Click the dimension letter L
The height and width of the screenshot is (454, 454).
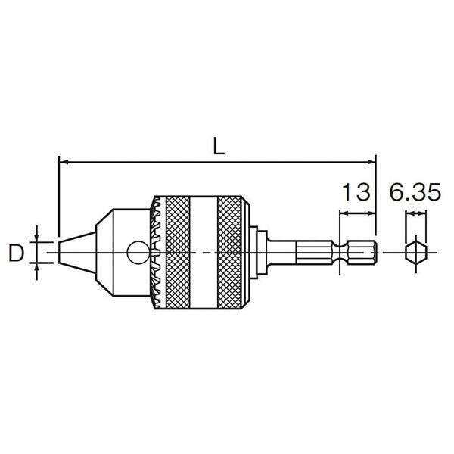pos(219,146)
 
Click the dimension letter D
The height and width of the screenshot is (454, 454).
pos(16,253)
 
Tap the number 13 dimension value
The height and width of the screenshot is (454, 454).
pos(356,192)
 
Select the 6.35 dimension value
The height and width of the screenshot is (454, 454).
pos(415,192)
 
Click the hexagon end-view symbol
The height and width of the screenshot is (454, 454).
pos(415,253)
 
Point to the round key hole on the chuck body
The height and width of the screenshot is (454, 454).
pos(138,253)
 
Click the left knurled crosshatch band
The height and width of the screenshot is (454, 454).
pos(178,253)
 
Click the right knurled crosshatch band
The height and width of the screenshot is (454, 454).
pos(229,253)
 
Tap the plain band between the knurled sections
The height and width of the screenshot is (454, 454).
pos(204,253)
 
